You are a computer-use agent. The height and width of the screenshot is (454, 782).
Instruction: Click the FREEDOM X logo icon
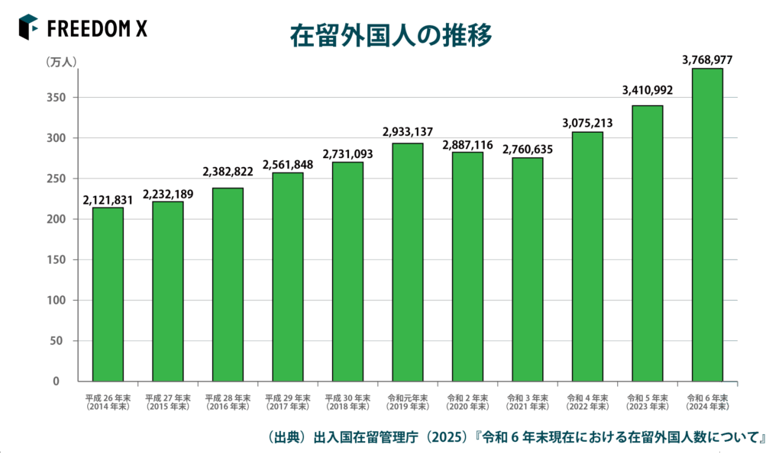pos(28,27)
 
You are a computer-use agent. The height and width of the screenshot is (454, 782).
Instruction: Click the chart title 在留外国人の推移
pos(390,36)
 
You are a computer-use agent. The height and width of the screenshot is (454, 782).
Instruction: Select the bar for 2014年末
pos(108,294)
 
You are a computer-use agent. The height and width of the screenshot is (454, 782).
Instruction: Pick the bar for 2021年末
pos(527,269)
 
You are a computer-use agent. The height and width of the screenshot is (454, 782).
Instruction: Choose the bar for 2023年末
pos(647,243)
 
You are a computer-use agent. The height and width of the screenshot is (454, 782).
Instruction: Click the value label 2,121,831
pos(108,201)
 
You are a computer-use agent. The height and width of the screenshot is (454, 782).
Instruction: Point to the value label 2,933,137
pos(407,132)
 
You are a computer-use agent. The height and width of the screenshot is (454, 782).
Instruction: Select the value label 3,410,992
pos(647,90)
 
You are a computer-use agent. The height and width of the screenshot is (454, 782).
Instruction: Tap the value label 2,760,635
pos(527,150)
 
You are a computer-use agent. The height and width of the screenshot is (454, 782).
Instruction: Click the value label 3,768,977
pos(706,59)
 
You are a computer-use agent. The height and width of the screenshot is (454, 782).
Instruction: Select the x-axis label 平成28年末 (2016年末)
pos(228,402)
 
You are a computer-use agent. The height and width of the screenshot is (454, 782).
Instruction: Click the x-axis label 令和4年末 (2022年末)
pos(587,402)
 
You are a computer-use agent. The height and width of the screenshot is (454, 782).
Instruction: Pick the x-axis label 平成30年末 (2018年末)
pos(347,402)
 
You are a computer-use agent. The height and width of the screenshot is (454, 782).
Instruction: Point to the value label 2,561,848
pos(287,165)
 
